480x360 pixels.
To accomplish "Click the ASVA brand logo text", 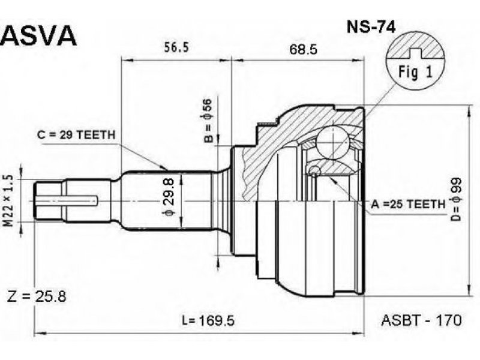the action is pyautogui.click(x=38, y=35).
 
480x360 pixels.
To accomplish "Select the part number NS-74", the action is pyautogui.click(x=371, y=26).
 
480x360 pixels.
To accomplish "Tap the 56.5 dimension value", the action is pyautogui.click(x=176, y=47).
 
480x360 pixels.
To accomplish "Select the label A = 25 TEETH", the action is pyautogui.click(x=409, y=204).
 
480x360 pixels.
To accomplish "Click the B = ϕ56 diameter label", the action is pyautogui.click(x=208, y=121).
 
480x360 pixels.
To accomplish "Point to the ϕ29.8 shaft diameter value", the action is pyautogui.click(x=169, y=197).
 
